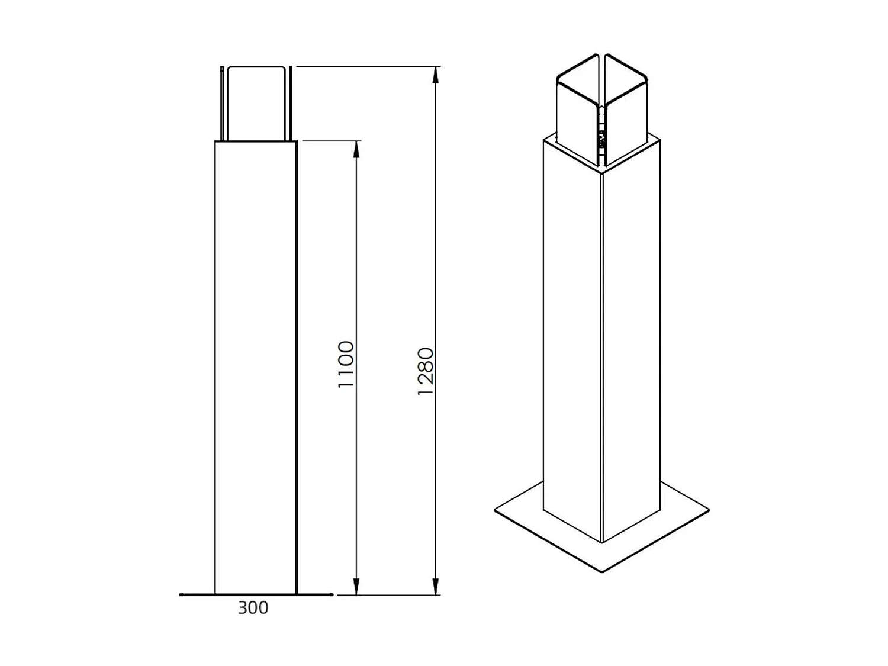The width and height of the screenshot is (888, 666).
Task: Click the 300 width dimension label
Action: [253, 608]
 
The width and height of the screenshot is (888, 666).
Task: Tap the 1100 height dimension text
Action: [346, 365]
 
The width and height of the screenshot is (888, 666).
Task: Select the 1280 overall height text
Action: [426, 372]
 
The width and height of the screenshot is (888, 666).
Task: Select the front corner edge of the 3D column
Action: [601, 355]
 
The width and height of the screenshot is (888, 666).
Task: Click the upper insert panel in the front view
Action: [256, 104]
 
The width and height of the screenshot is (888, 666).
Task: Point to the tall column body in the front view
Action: [255, 367]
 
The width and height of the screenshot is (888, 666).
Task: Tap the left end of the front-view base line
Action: [181, 594]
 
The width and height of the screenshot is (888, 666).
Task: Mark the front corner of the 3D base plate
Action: [602, 571]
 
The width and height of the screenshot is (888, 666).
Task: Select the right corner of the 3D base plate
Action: [708, 509]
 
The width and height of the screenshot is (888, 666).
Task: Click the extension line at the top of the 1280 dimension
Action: [367, 66]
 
